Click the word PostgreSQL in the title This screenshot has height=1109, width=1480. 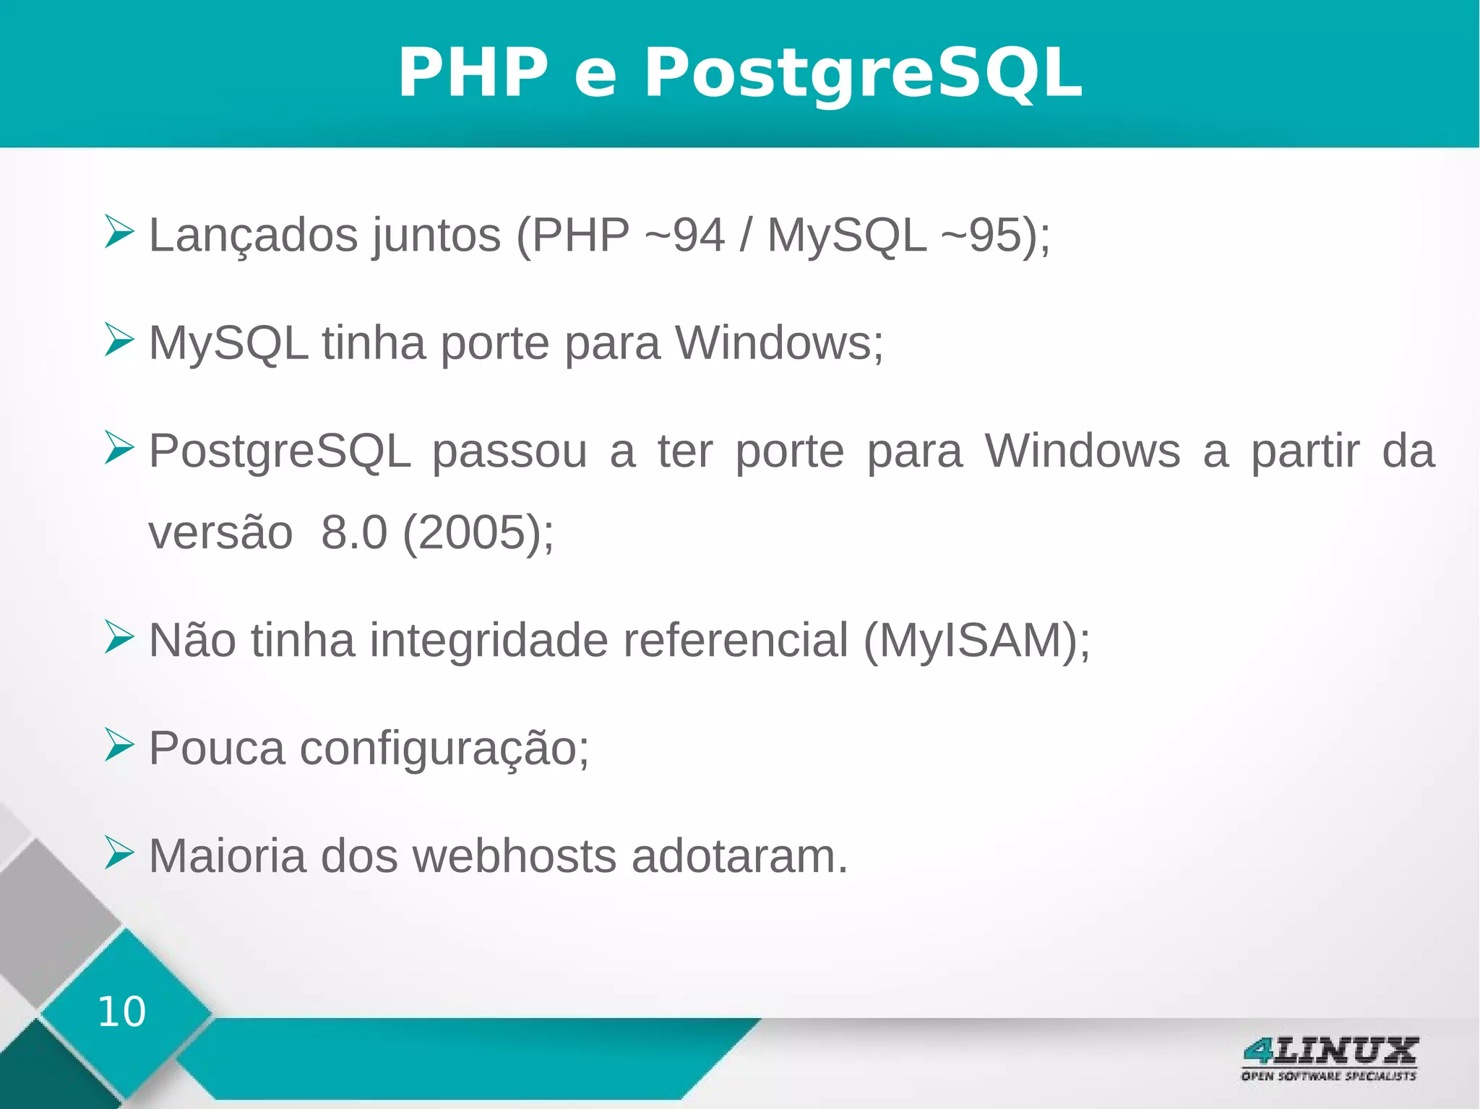pyautogui.click(x=863, y=72)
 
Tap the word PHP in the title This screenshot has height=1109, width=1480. pyautogui.click(x=473, y=72)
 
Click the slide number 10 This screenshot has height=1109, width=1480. pyautogui.click(x=121, y=1011)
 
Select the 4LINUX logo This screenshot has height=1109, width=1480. pyautogui.click(x=1329, y=1058)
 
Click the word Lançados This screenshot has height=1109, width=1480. pyautogui.click(x=252, y=236)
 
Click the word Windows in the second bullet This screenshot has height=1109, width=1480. pyautogui.click(x=778, y=342)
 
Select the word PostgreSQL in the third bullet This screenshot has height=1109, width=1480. pyautogui.click(x=280, y=452)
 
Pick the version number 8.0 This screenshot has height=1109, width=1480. pyautogui.click(x=354, y=532)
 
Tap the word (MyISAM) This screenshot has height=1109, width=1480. pyautogui.click(x=976, y=640)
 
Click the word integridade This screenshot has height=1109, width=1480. pyautogui.click(x=489, y=640)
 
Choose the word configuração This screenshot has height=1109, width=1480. pyautogui.click(x=444, y=748)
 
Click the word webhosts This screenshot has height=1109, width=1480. pyautogui.click(x=514, y=856)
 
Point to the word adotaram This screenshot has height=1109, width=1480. pyautogui.click(x=739, y=856)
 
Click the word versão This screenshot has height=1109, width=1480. pyautogui.click(x=220, y=532)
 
